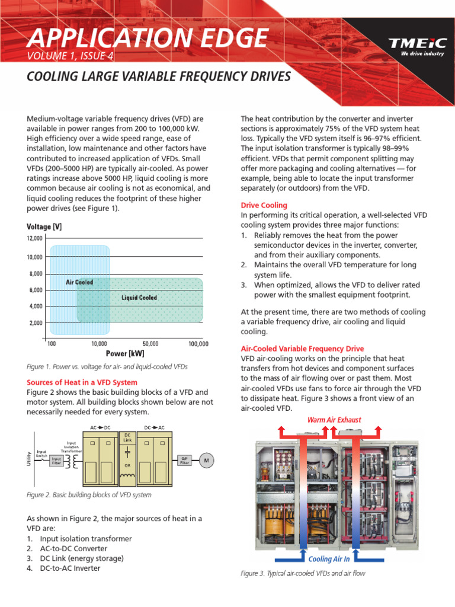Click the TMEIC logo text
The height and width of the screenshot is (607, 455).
point(414,44)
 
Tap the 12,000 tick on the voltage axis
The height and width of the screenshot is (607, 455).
point(34,238)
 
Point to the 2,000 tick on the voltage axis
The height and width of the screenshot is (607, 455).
point(36,323)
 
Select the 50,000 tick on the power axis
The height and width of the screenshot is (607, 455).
point(150,344)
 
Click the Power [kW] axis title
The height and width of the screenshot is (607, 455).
point(125,354)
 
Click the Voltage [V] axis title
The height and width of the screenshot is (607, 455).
point(44,227)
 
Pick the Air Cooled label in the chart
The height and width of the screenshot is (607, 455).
point(79,282)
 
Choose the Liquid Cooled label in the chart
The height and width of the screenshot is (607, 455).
point(139,298)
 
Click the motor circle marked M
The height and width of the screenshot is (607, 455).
point(207,460)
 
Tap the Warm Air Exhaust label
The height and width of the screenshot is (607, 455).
point(334,420)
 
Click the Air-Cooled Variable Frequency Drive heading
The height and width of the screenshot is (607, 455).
point(302,349)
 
